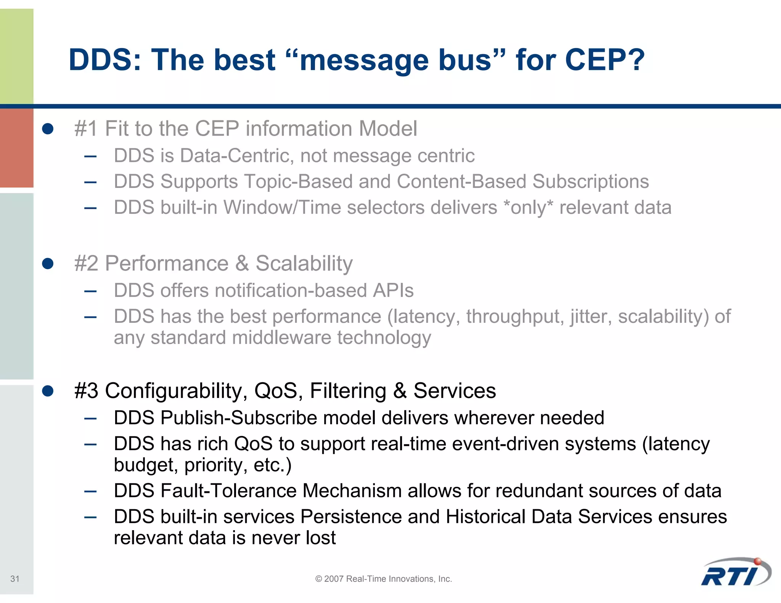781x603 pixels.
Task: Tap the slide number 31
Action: (15, 579)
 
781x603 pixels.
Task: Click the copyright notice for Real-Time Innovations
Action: (383, 579)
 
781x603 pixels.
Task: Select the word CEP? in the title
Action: (604, 60)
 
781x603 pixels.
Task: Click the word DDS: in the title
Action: (105, 60)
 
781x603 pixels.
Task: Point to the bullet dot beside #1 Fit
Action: (48, 128)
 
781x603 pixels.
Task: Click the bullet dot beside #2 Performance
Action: (48, 263)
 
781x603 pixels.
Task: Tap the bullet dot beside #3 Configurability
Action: (48, 391)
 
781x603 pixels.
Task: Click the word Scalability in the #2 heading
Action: (304, 263)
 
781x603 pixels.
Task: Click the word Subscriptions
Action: (590, 181)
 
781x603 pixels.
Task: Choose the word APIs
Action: (393, 290)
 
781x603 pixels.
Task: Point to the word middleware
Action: (281, 338)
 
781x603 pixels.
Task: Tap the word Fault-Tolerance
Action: (228, 491)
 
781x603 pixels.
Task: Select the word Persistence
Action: (351, 517)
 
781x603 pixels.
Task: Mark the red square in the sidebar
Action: (16, 148)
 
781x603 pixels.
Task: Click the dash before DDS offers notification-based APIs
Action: (90, 292)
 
